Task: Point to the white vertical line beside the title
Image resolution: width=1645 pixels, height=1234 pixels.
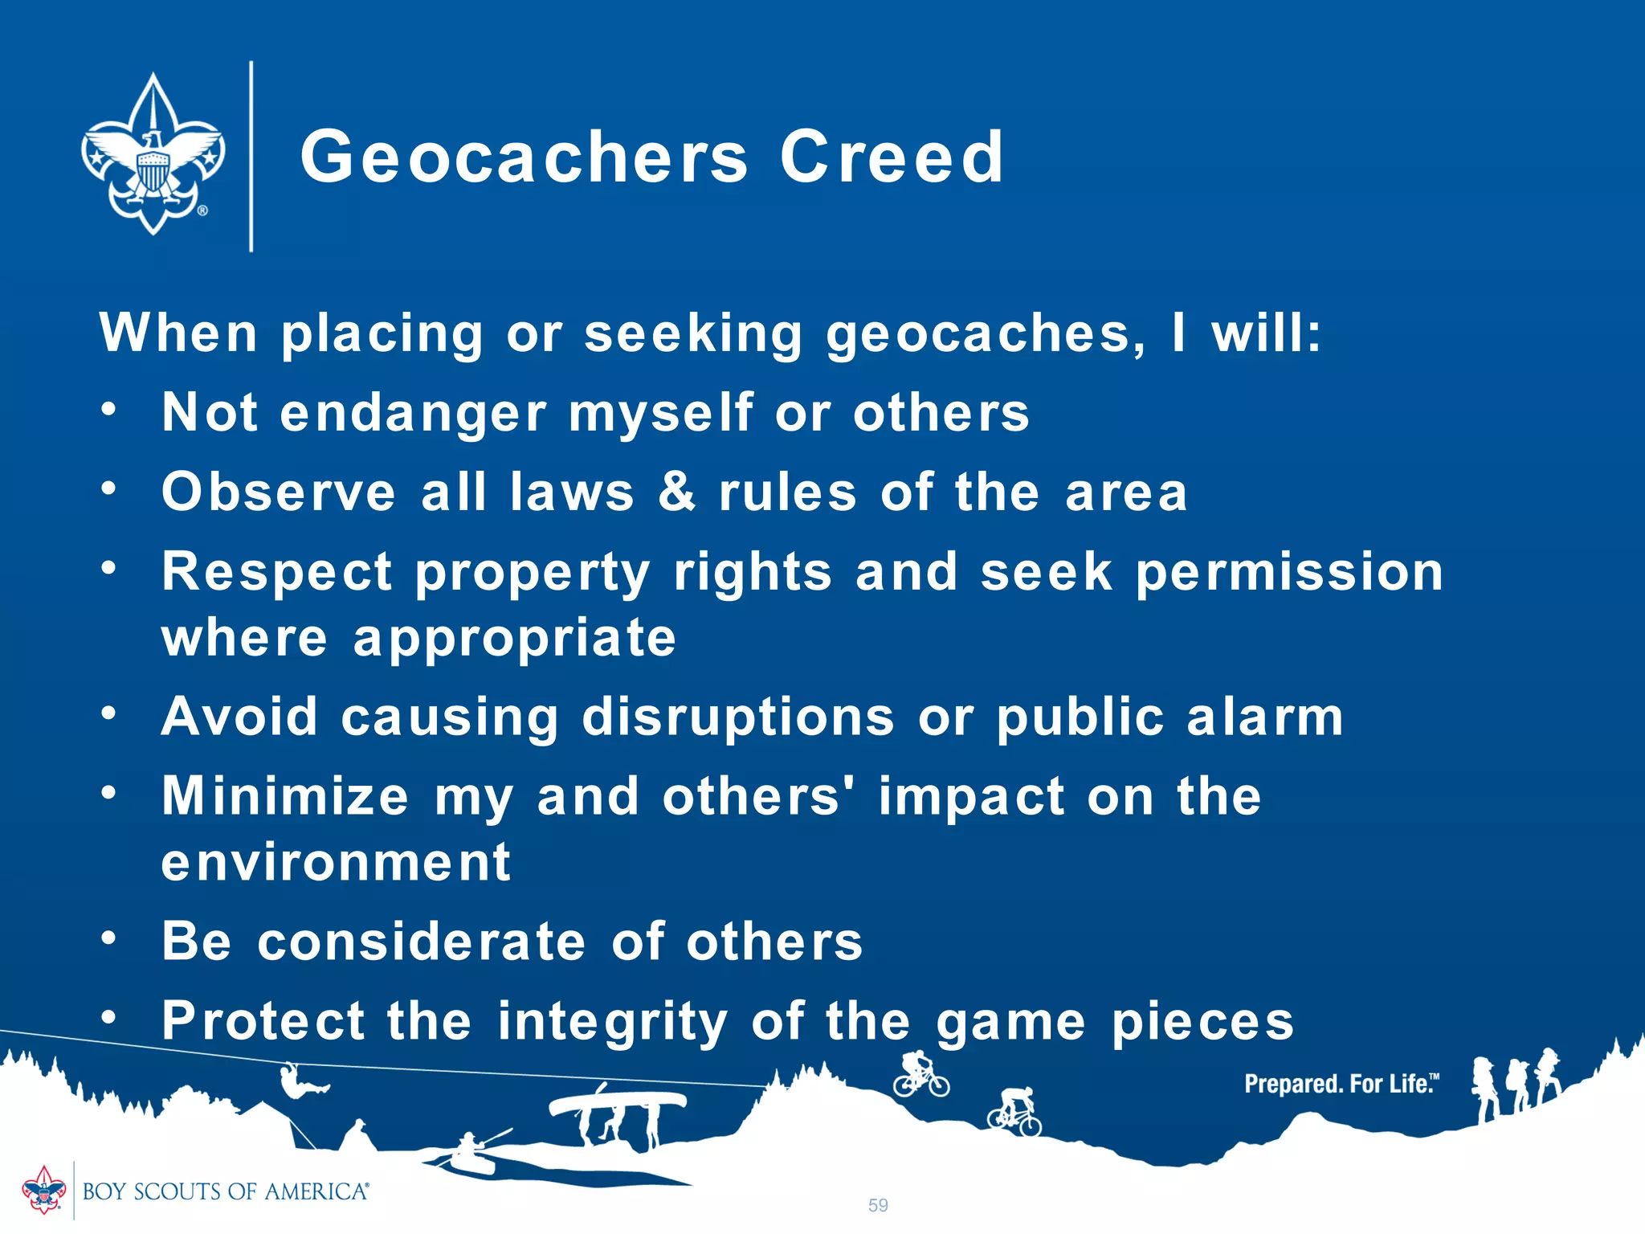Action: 251,157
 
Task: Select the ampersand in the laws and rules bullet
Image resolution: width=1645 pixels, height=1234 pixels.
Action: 676,491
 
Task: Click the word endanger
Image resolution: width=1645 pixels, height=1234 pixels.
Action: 413,413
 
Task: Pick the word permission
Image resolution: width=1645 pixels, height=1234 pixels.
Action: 1289,574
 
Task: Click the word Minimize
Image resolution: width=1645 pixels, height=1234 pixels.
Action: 285,796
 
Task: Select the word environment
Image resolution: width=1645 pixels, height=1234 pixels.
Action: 336,862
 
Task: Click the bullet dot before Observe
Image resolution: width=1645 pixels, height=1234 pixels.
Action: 109,488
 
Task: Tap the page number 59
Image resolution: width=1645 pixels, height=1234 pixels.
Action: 878,1205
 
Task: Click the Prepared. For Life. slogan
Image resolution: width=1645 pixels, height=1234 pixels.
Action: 1341,1084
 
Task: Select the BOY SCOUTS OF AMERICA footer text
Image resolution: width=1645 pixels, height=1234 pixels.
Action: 225,1191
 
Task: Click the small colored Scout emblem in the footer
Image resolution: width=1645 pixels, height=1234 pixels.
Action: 43,1190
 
